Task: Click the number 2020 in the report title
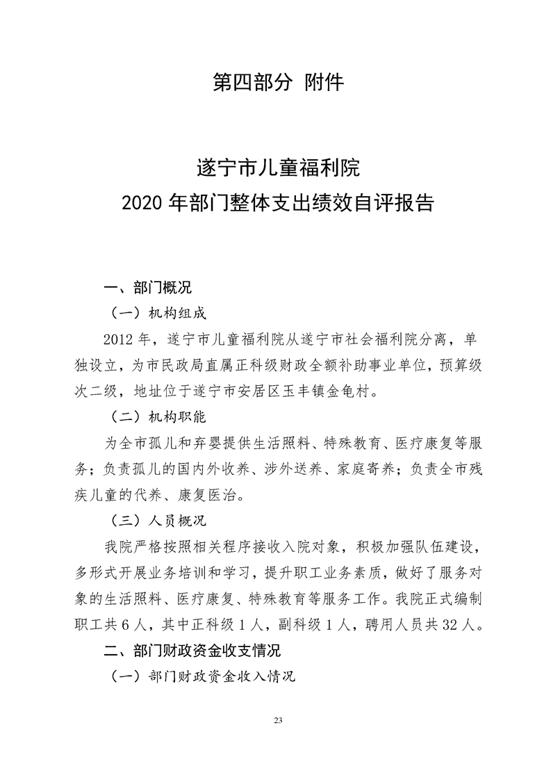point(141,203)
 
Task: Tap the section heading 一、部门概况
point(147,286)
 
